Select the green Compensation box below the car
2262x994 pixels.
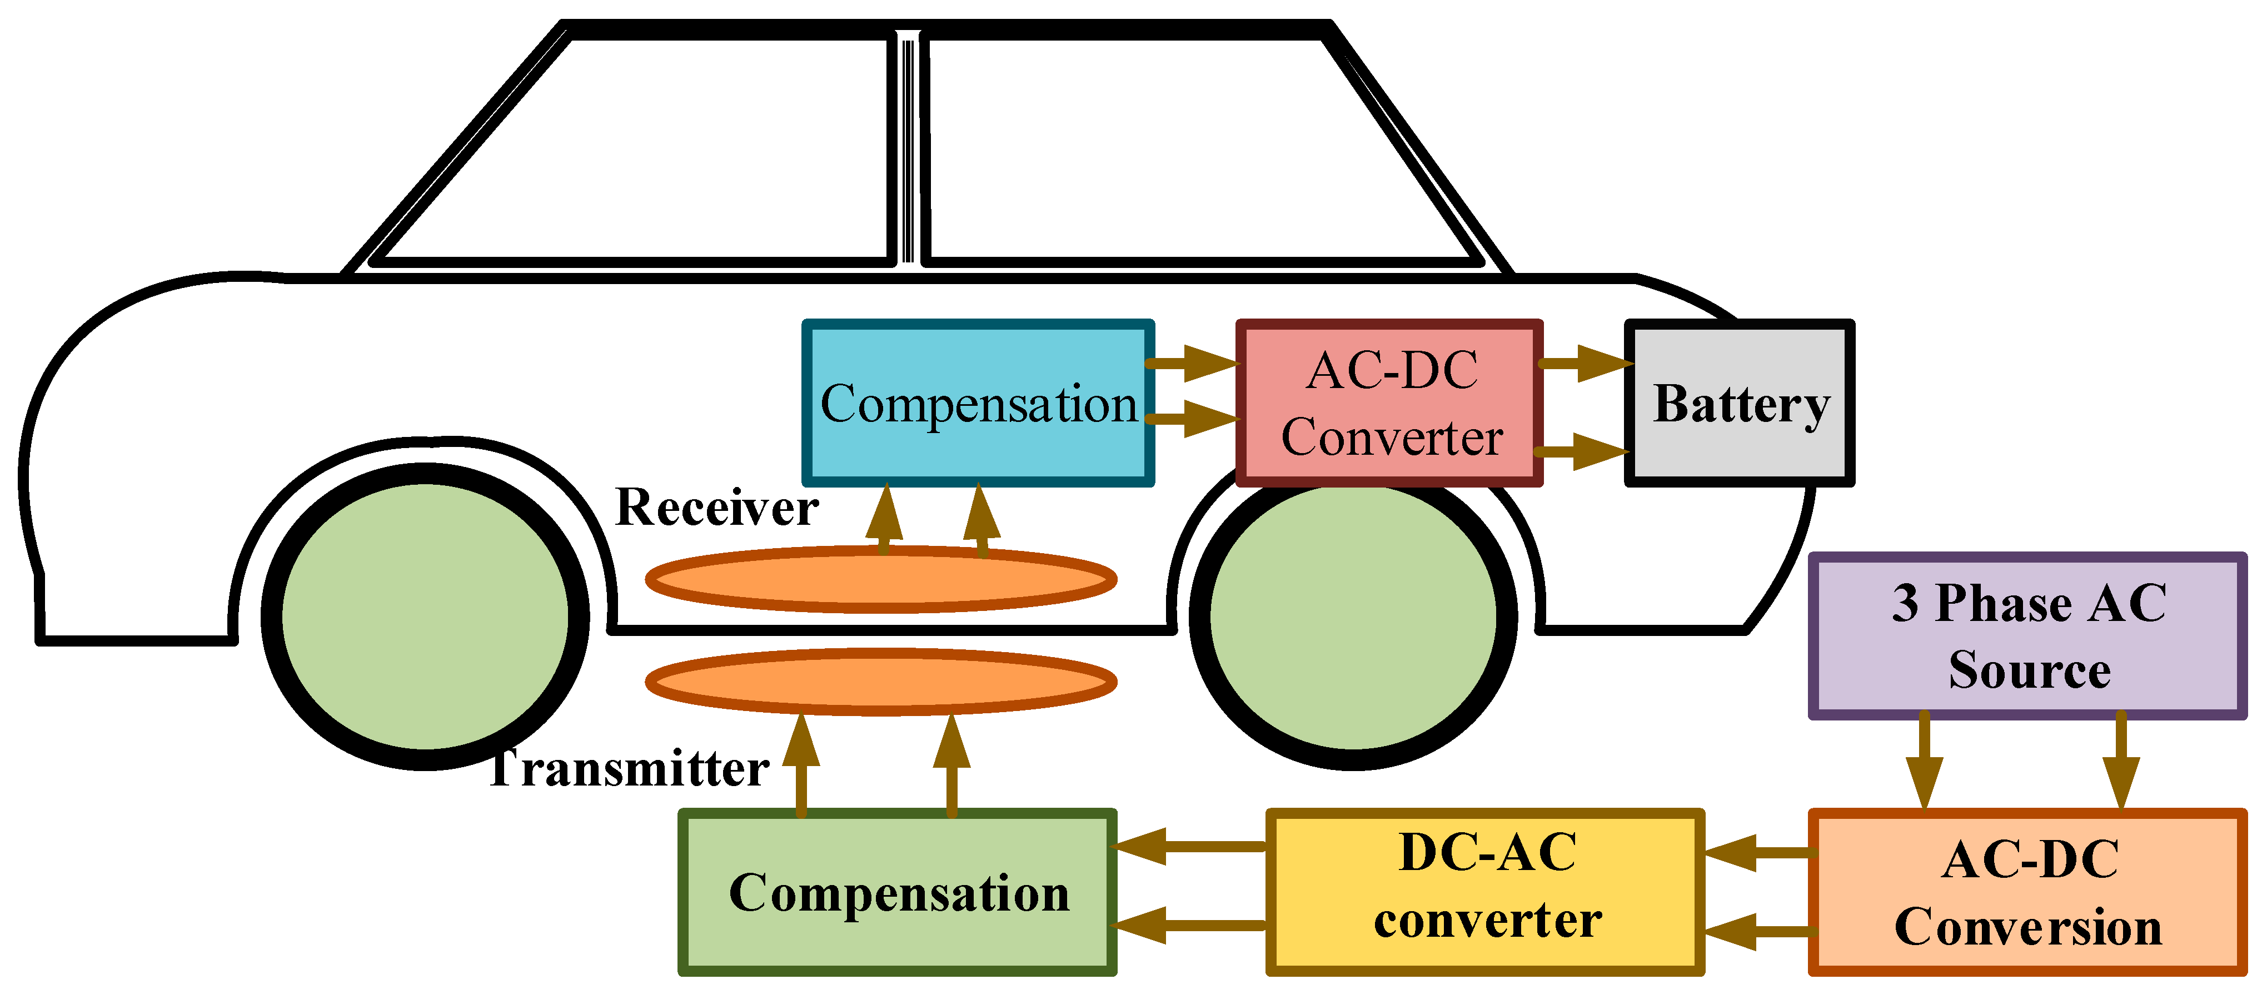tap(898, 893)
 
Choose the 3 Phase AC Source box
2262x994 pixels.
tap(2027, 637)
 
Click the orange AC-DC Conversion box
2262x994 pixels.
tap(2027, 893)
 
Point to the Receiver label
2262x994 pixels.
tap(716, 508)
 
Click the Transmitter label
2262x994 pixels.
tap(629, 769)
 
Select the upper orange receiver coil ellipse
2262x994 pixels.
tap(881, 579)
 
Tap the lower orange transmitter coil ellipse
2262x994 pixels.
tap(881, 682)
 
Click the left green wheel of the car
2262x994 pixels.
tap(425, 617)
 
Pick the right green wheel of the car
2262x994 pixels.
tap(1353, 617)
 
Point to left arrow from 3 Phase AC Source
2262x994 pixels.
tap(1924, 761)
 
